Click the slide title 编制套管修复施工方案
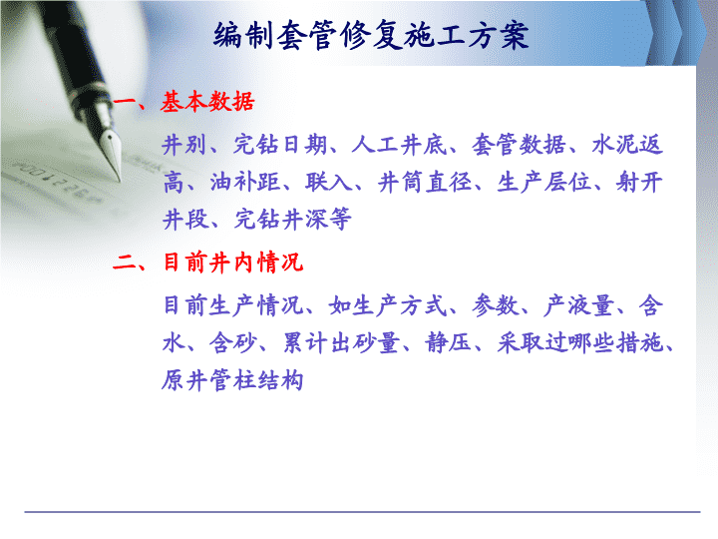coord(371,35)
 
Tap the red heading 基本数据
coord(207,101)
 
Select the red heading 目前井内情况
coord(233,263)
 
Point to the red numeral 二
coord(124,264)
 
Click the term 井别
coord(184,146)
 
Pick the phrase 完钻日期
coord(280,146)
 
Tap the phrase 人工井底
coord(398,146)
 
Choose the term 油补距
coord(245,182)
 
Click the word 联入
coord(329,182)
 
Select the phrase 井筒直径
coord(425,182)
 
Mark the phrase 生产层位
coord(543,182)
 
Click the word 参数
coord(496,305)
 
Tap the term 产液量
coord(578,305)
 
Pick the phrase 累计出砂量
coord(341,342)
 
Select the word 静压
coord(449,342)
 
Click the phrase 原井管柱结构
coord(232,380)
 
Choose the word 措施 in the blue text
coord(639,342)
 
